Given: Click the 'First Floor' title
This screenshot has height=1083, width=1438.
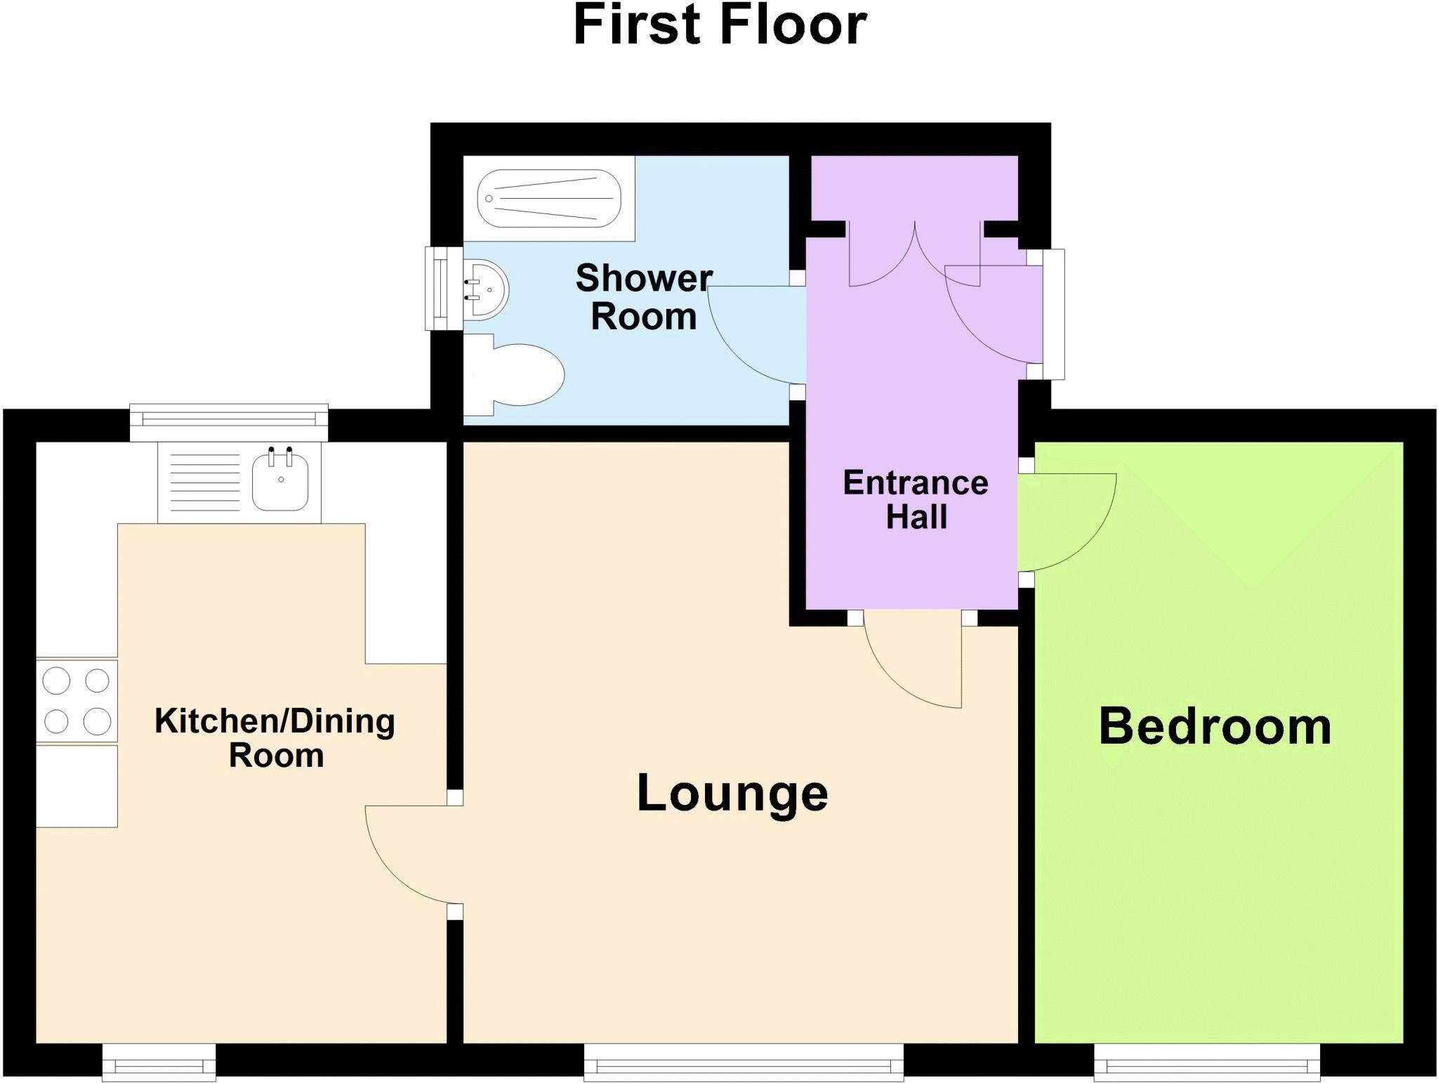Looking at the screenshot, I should [x=720, y=26].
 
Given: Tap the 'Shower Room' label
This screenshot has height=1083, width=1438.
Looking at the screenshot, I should [x=644, y=297].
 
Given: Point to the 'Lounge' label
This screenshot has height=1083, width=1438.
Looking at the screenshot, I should [x=732, y=793].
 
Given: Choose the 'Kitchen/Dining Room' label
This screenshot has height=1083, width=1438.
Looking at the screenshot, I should [x=275, y=737].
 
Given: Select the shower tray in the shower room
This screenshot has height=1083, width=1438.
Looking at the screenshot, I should [x=548, y=198].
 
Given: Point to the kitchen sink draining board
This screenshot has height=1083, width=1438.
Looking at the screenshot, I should [x=206, y=482].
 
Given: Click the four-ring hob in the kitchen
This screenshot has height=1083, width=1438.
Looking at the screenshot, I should [x=77, y=700].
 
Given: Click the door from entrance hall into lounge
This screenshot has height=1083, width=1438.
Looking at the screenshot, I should [x=913, y=660].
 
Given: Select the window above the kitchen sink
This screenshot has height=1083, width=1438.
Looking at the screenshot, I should [x=229, y=421].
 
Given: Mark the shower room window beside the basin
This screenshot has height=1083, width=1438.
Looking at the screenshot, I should [x=442, y=288].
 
